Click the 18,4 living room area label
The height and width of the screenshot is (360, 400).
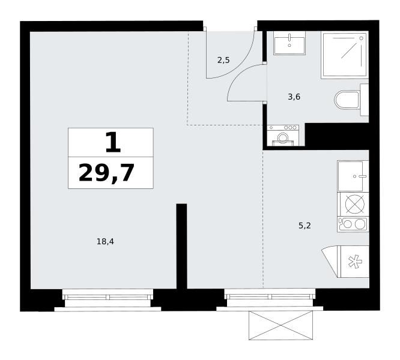click(x=105, y=241)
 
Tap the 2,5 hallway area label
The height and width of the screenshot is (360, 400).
click(x=223, y=61)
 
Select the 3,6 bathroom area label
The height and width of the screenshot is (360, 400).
click(x=294, y=97)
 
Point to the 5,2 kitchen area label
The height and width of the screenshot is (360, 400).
click(x=305, y=226)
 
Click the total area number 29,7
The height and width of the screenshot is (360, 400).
click(x=106, y=173)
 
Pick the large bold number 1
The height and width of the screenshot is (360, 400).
click(x=113, y=142)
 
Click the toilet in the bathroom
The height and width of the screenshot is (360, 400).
click(x=351, y=100)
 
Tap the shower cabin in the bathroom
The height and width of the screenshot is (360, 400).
click(x=345, y=55)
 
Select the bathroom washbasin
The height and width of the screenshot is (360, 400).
click(x=289, y=43)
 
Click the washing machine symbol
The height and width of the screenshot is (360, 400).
click(x=283, y=135)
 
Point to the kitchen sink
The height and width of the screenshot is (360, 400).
click(x=353, y=176)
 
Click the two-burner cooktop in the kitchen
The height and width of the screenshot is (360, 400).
click(x=353, y=224)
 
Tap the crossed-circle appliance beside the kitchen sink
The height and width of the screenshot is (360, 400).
click(x=354, y=204)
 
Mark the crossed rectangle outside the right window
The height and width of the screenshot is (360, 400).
click(x=281, y=325)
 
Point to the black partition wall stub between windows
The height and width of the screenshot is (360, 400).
click(x=181, y=246)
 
